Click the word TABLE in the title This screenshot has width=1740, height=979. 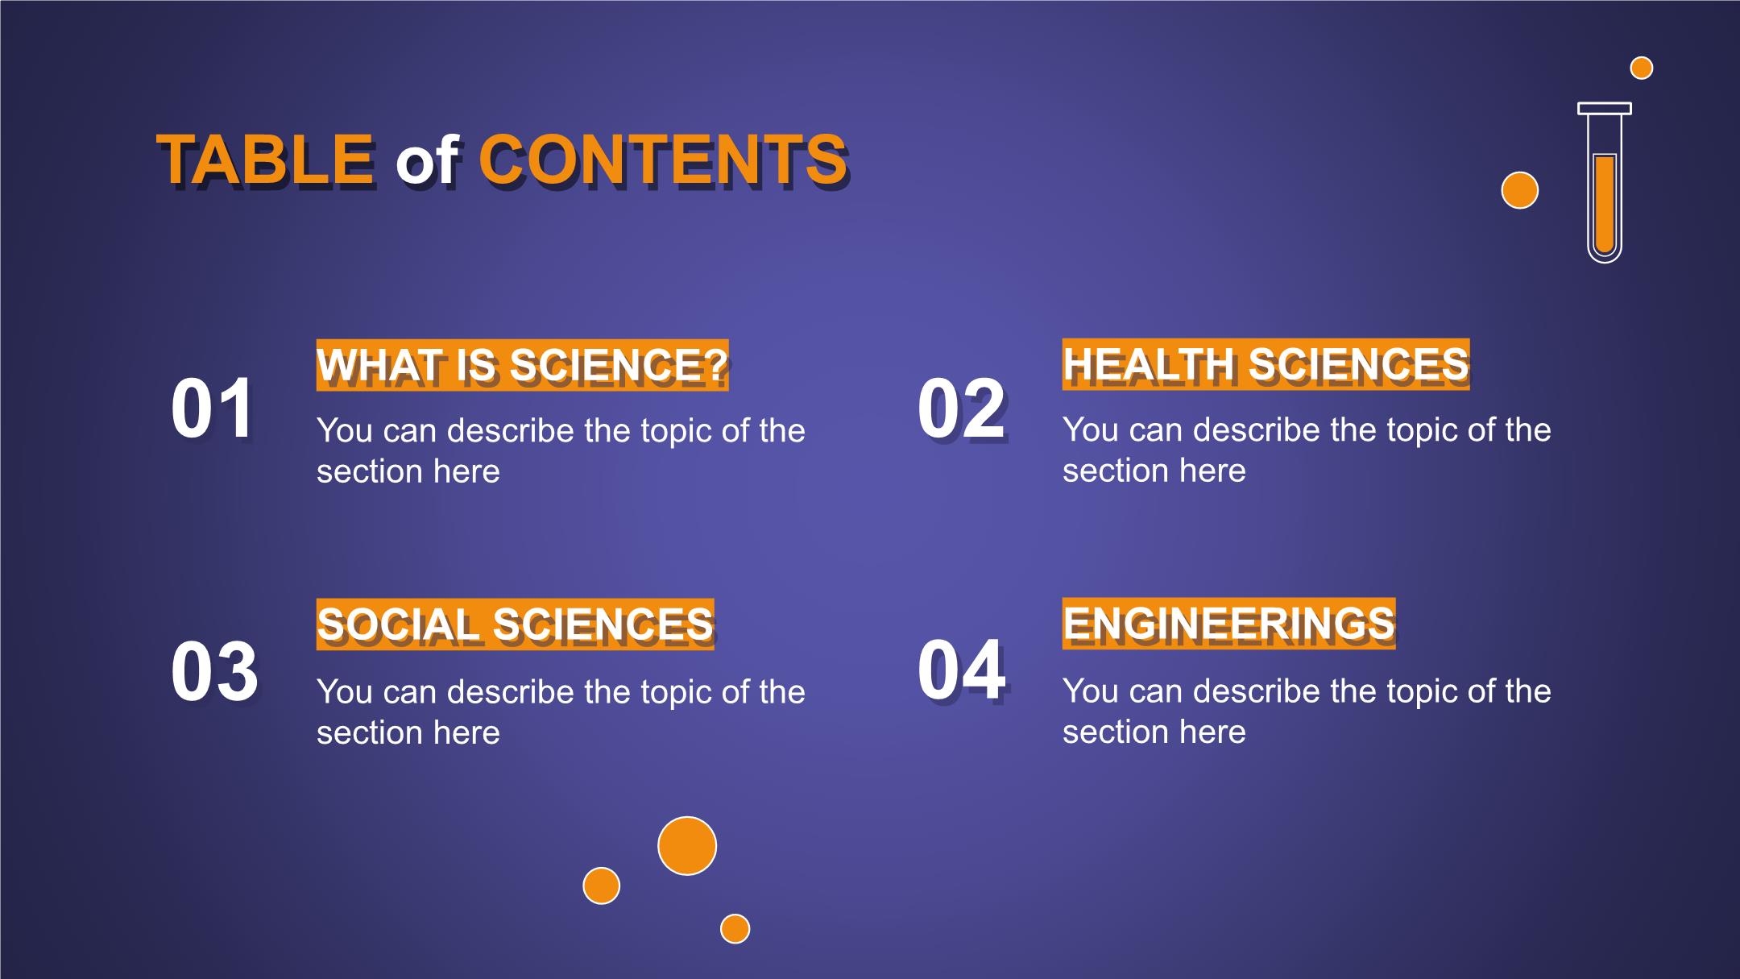[x=266, y=160]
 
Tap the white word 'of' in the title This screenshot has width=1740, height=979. [x=427, y=160]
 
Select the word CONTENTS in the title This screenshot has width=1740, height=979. [x=663, y=160]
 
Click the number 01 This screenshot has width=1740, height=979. [x=213, y=409]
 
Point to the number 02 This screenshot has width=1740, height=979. [x=962, y=409]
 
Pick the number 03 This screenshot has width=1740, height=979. [x=215, y=672]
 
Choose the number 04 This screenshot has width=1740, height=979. [x=962, y=670]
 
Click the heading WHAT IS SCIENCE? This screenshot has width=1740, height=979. [x=523, y=365]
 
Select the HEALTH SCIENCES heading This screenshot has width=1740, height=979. [x=1266, y=364]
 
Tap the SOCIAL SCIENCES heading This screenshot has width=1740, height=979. [x=516, y=624]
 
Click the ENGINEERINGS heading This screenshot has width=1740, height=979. [x=1229, y=624]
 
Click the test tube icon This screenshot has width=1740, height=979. [x=1605, y=182]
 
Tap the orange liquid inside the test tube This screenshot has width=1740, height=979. [x=1605, y=205]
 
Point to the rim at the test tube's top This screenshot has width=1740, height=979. [x=1605, y=108]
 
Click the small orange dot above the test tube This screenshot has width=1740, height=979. [x=1642, y=68]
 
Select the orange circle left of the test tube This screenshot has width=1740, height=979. [x=1520, y=190]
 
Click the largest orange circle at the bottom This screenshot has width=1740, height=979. [x=687, y=846]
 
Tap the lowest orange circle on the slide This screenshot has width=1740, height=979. [x=735, y=929]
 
